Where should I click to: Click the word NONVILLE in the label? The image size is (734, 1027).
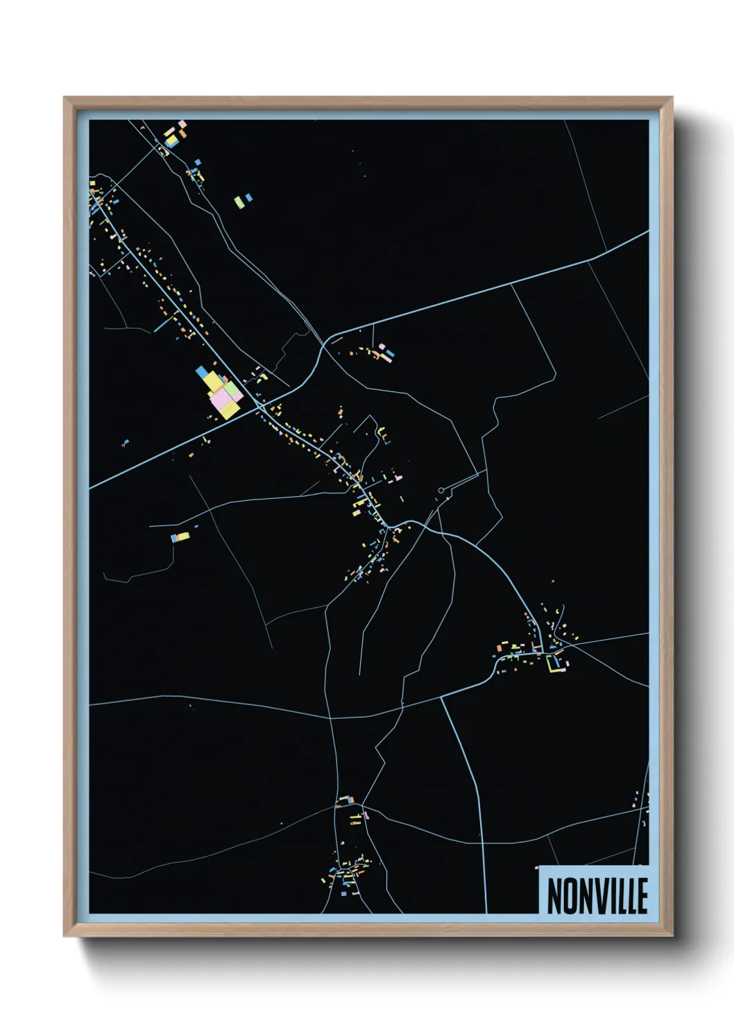tap(597, 896)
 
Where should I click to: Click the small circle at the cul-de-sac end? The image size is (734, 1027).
tap(441, 491)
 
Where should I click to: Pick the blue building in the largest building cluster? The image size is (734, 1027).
tap(202, 372)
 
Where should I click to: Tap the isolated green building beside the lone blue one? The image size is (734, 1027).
tap(239, 202)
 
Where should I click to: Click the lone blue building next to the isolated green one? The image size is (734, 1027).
tap(249, 198)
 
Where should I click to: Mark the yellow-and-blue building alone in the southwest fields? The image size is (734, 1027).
tap(180, 536)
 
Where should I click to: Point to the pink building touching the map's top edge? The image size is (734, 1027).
tap(182, 124)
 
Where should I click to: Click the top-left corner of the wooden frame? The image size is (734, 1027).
tap(65, 98)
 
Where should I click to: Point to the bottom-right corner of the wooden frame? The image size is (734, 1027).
tap(672, 935)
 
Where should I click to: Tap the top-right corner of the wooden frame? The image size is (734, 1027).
tap(672, 98)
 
